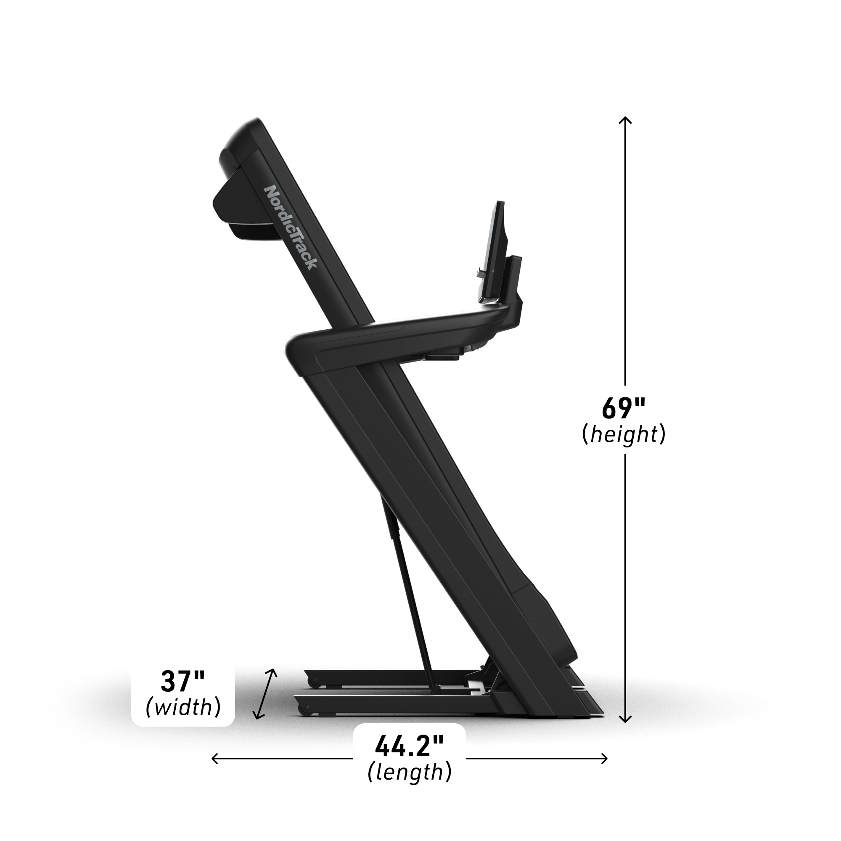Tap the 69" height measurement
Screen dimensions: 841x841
(624, 408)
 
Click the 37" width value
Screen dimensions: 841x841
(183, 695)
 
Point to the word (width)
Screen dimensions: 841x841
(183, 720)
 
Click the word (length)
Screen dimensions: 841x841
(410, 785)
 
